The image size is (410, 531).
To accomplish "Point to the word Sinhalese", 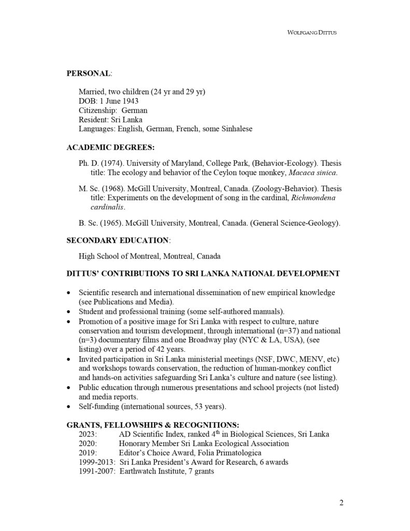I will click(235, 129).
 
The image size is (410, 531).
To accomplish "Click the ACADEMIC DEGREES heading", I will click(110, 147).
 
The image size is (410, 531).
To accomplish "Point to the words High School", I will click(98, 256).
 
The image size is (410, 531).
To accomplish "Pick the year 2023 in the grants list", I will click(88, 434).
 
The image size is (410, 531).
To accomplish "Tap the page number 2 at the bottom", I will click(341, 502).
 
